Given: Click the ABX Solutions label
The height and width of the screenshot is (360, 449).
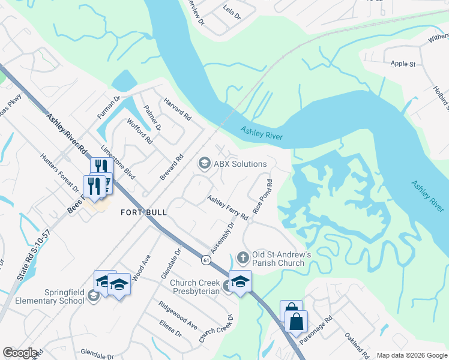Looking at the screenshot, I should [240, 164].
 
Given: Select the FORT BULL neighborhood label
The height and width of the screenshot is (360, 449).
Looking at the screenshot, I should [143, 212].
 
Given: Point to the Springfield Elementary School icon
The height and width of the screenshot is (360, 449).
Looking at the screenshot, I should [93, 295].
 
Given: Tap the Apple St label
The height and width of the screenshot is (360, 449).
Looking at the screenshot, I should [403, 64].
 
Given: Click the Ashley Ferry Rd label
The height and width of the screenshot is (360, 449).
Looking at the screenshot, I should [228, 207].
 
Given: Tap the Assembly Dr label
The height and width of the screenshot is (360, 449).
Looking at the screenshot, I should [222, 238].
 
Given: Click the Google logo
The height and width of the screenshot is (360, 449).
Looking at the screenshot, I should [20, 353].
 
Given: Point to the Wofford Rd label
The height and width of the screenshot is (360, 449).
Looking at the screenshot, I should [139, 131].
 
